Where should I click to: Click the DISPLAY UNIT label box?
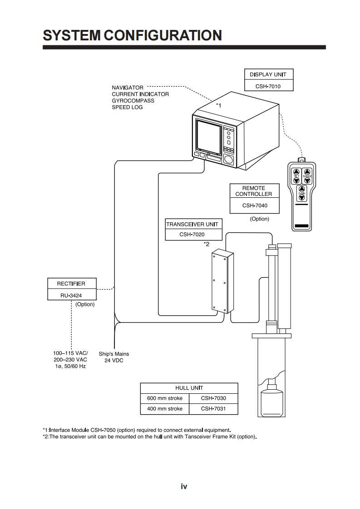pos(268,74)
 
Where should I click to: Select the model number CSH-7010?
pos(268,86)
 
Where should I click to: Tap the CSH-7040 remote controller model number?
pos(255,206)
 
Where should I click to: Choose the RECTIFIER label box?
pos(71,284)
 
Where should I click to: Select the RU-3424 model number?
pos(71,294)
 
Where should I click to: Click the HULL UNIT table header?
pos(189,388)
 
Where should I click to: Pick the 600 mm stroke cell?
pos(165,398)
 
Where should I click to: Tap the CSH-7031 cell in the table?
pos(213,409)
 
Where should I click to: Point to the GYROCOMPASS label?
pos(133,101)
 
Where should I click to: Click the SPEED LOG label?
pos(127,108)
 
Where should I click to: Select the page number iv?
pos(184,487)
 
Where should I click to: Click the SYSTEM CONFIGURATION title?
pos(132,35)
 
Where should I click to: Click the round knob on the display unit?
pos(229,160)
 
